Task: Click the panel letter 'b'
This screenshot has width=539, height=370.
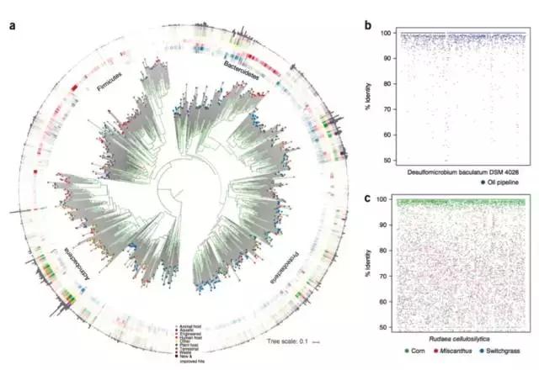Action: click(368, 24)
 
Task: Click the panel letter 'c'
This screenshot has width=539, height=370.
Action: click(368, 198)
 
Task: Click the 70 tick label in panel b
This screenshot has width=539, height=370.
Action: click(386, 109)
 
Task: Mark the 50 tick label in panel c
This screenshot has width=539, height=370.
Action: click(386, 325)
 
